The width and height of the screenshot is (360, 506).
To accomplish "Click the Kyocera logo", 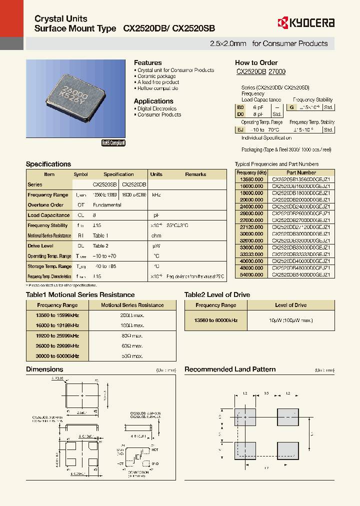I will point(305,22).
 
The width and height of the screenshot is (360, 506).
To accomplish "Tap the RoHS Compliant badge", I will point(113,143).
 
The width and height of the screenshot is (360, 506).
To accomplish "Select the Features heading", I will point(147,62).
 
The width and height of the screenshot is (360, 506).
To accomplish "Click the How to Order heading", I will point(256,62).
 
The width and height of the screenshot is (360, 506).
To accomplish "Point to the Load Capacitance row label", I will point(48,215).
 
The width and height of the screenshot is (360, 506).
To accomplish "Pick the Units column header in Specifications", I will point(156,174).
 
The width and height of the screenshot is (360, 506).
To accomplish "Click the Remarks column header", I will point(195,174).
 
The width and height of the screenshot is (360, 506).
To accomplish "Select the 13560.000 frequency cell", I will point(251,179).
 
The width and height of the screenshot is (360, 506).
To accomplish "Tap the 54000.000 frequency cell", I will point(251,274).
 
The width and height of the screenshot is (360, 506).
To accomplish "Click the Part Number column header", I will point(300,172).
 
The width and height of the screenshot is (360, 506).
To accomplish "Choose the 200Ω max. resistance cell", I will point(132,315).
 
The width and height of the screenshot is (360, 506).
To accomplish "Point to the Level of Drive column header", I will point(290,305).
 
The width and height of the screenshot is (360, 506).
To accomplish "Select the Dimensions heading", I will point(44,369).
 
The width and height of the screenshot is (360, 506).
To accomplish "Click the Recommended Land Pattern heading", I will point(230,369).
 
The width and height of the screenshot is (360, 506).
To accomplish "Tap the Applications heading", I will point(153,101).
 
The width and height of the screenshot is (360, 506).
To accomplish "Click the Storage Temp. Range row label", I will point(49,266).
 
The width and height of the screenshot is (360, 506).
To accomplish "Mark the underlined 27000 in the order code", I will point(277,72).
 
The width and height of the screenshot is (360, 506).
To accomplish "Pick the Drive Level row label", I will point(40,246).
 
